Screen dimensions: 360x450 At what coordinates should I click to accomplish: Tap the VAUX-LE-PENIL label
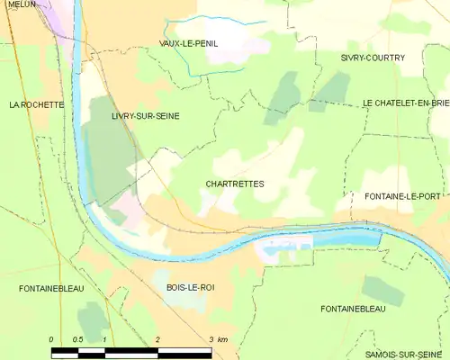tap(188, 43)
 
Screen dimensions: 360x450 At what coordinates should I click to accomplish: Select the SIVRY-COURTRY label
tap(373, 58)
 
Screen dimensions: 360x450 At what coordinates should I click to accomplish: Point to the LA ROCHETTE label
tap(36, 104)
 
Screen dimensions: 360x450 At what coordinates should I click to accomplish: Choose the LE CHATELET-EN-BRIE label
tap(406, 104)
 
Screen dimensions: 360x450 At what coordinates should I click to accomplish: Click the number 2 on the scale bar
tap(158, 339)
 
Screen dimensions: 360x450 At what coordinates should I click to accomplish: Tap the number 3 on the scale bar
tap(211, 339)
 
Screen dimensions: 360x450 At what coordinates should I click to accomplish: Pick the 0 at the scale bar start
tap(52, 339)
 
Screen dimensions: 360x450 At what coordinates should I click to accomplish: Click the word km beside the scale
tap(222, 339)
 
